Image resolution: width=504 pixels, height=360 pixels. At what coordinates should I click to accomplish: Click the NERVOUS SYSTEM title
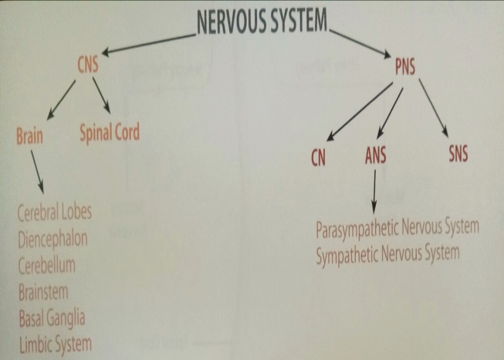coord(262,21)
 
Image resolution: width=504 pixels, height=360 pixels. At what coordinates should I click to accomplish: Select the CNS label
coord(89,64)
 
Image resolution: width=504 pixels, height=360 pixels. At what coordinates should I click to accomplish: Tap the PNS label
coord(403,67)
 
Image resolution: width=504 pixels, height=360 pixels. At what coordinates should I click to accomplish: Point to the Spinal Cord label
coord(110,133)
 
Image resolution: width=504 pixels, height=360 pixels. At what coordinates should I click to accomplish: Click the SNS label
coord(458,154)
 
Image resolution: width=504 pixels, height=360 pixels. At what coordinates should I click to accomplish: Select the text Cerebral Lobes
coord(54,214)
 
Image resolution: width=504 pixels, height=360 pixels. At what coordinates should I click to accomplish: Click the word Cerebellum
coord(46,266)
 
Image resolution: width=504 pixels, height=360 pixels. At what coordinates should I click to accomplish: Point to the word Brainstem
coord(43,292)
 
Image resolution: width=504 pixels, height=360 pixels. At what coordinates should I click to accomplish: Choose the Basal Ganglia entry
coord(50,318)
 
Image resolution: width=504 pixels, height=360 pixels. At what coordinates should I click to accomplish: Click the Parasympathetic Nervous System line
coord(397,229)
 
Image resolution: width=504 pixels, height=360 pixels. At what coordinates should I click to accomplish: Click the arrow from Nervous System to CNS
coord(147,42)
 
